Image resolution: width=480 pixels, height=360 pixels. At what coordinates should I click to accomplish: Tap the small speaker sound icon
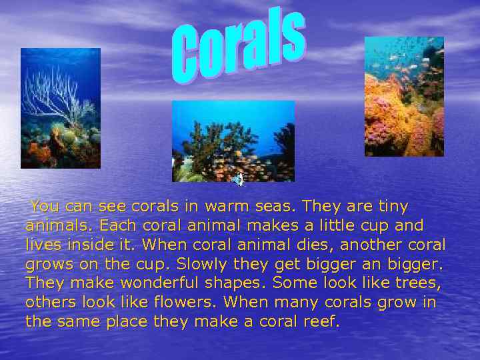[x=238, y=178]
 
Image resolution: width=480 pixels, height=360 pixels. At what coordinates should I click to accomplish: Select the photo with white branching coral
[x=61, y=108]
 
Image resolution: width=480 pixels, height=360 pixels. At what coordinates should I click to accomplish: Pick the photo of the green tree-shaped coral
[x=233, y=141]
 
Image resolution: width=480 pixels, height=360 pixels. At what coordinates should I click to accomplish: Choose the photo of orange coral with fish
[x=404, y=97]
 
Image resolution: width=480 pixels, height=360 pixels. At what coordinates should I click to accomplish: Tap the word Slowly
[x=233, y=264]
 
